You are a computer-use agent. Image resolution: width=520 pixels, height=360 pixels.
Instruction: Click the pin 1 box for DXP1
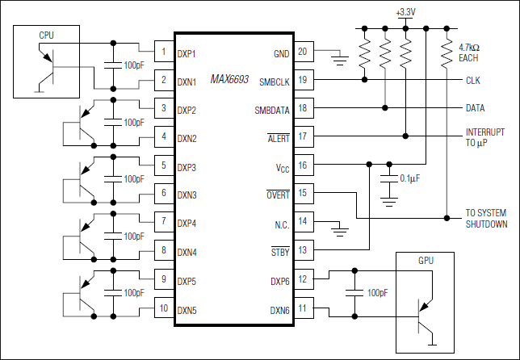coord(164,53)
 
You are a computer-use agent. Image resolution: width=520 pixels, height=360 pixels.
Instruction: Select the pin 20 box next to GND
coord(303,53)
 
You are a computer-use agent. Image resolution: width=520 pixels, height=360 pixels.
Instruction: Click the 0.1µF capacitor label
coord(413,178)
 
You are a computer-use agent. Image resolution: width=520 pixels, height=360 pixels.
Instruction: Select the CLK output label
coord(473,81)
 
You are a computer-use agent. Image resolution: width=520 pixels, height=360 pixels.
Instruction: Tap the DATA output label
coord(476,108)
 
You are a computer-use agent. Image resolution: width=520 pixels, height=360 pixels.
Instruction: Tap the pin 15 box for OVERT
coord(303,194)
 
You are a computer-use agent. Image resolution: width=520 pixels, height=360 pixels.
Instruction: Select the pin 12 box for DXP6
coord(303,279)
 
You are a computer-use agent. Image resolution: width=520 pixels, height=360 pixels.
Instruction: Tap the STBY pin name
coord(278,251)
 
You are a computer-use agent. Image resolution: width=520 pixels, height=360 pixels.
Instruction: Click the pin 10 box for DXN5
coord(164,308)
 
